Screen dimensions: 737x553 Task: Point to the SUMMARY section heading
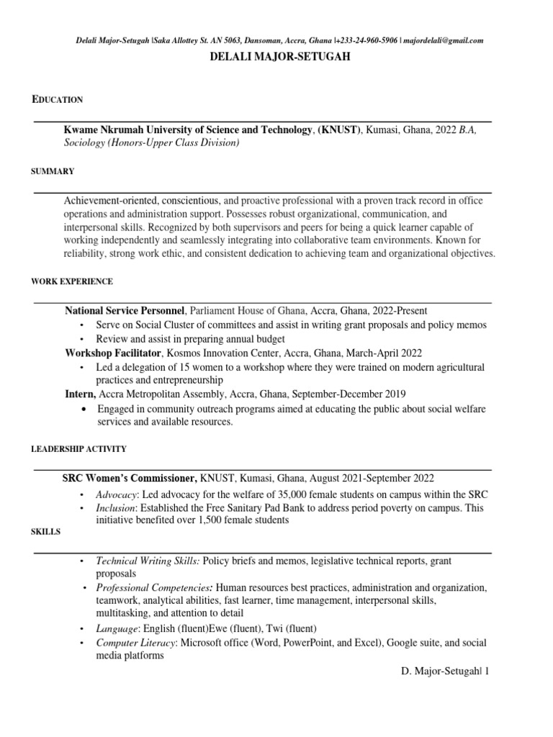(52, 171)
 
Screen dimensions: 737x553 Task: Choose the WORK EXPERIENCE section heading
(71, 281)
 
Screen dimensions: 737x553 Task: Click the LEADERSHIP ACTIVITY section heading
(78, 449)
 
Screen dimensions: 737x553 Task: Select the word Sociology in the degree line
(84, 143)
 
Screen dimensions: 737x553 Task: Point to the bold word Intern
(80, 394)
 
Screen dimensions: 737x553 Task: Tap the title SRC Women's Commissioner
(130, 479)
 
